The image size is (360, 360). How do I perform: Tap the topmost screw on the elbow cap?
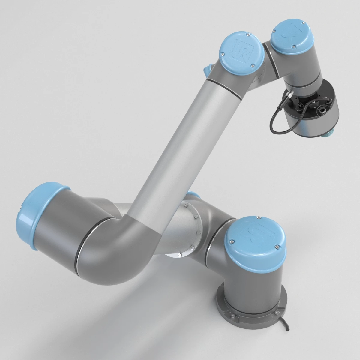click(247, 35)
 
